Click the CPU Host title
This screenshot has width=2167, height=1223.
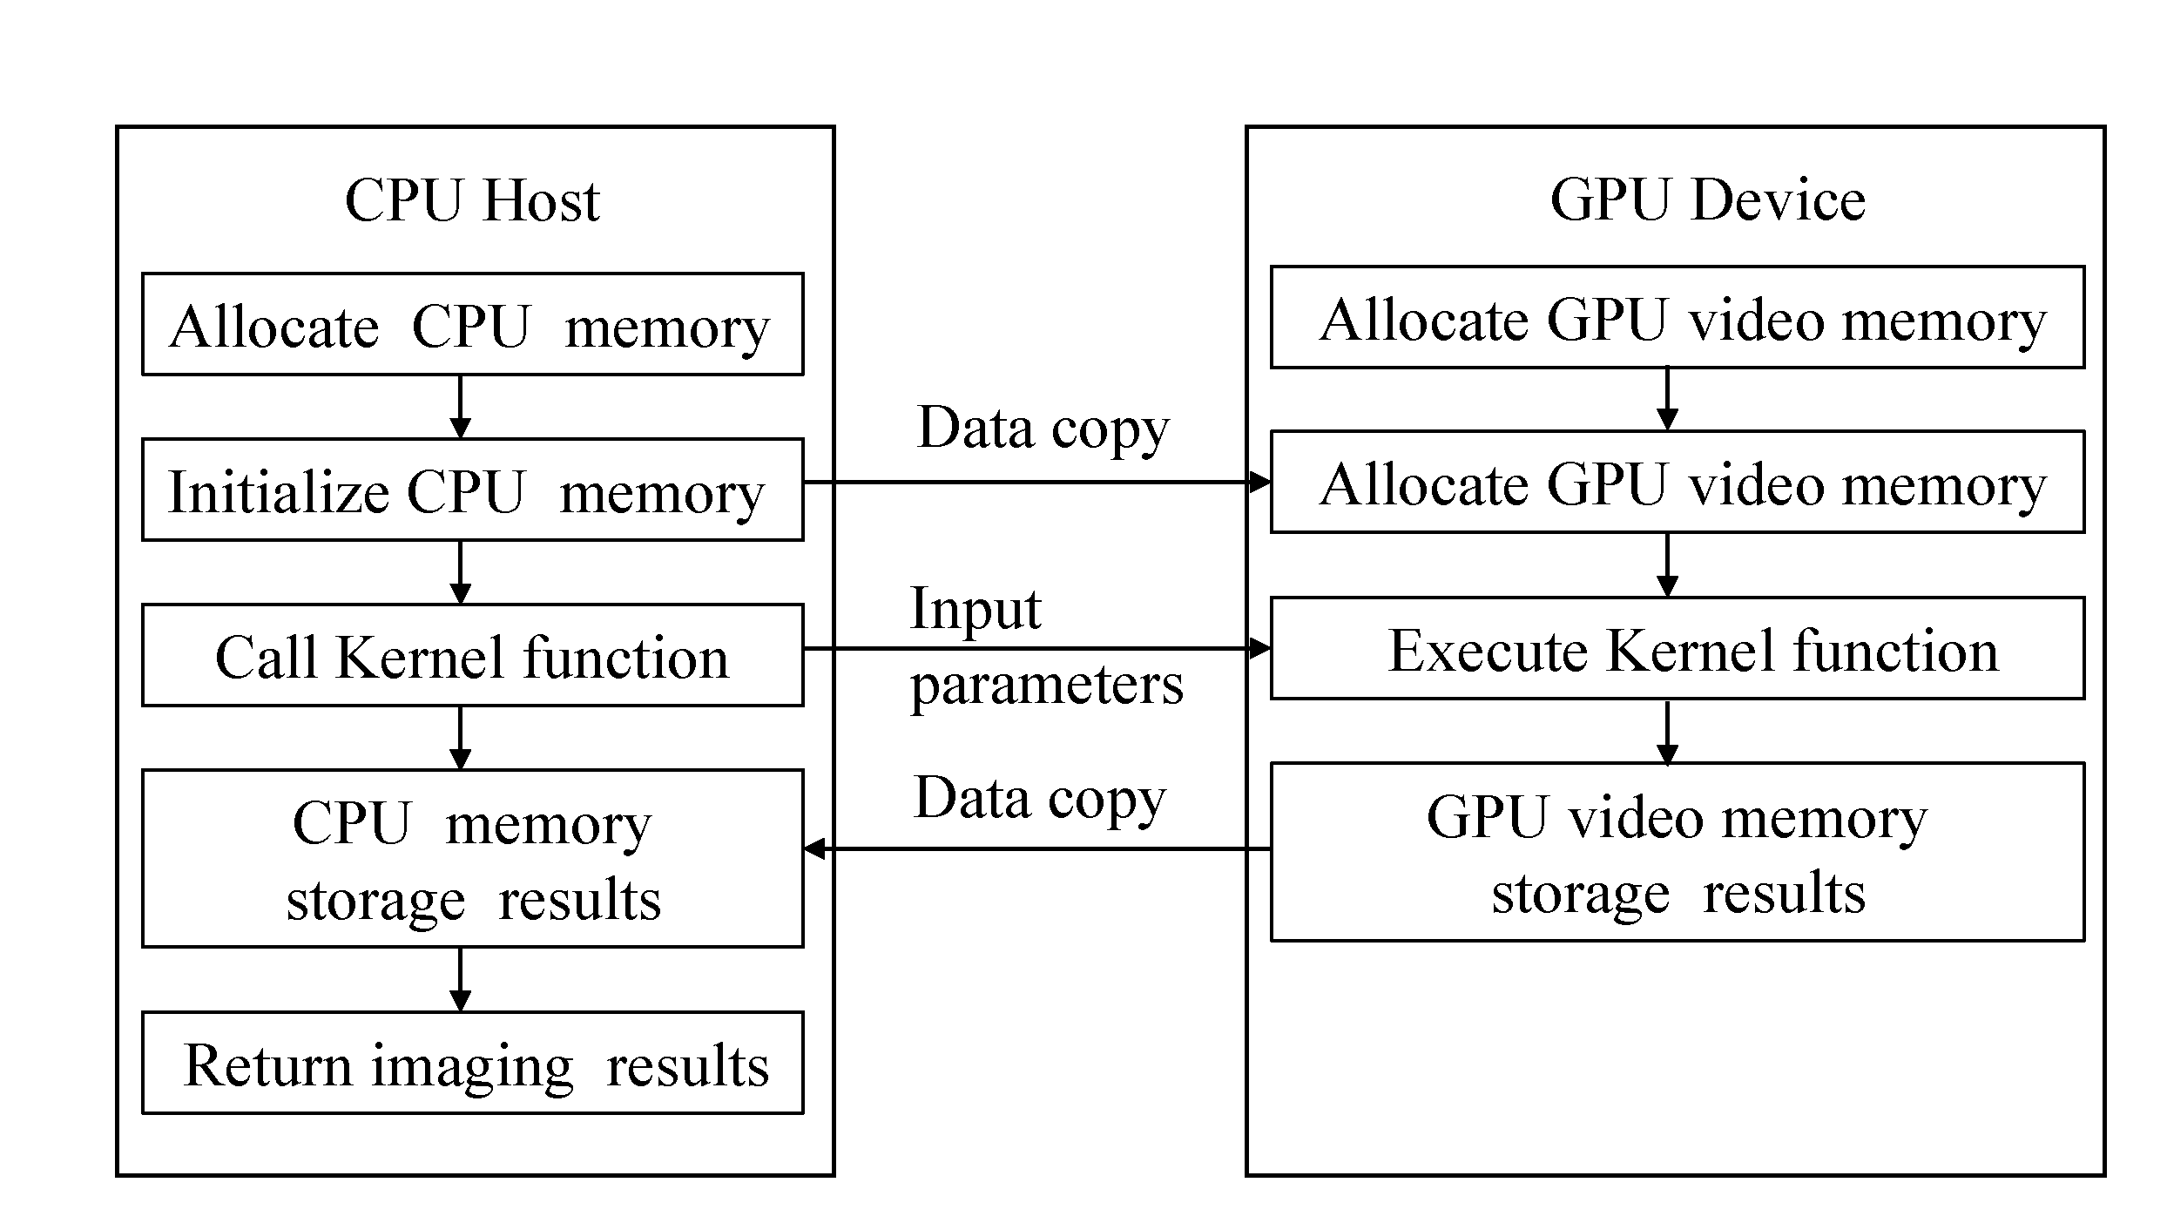coord(472,201)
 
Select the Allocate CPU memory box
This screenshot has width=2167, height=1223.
coord(472,325)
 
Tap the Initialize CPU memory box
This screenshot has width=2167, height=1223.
coord(472,490)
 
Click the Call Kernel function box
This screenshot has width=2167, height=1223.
coord(472,656)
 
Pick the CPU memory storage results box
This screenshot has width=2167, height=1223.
coord(472,859)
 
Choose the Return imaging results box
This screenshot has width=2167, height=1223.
coord(472,1064)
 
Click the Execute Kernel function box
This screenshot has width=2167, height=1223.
coord(1677,649)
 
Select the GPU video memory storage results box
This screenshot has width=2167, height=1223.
coord(1677,853)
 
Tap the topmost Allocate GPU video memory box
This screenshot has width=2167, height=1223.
coord(1677,318)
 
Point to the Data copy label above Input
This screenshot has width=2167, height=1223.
coord(1043,428)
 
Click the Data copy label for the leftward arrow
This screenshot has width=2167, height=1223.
coord(1039,799)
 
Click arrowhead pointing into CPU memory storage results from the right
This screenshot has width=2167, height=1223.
coord(815,848)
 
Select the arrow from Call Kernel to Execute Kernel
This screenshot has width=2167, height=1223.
coord(1036,649)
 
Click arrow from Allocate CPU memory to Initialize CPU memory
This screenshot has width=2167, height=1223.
coord(460,407)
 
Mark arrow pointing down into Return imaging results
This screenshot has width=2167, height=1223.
coord(460,980)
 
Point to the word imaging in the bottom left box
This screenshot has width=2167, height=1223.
coord(472,1066)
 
